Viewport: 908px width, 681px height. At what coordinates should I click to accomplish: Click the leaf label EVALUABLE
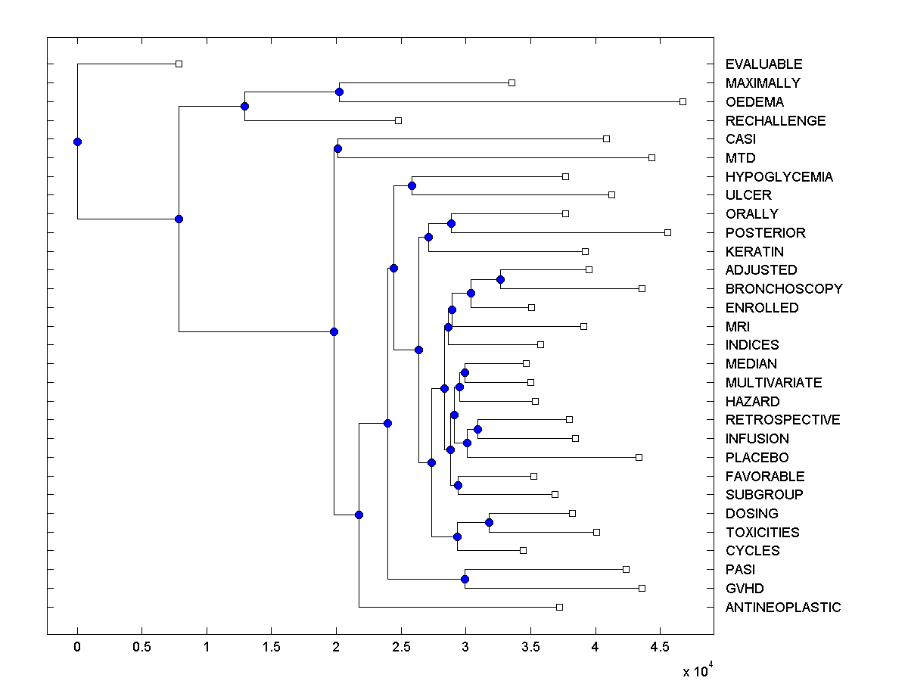[763, 64]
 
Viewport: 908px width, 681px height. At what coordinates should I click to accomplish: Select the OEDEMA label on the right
[754, 102]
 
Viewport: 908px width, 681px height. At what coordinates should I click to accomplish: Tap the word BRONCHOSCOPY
[783, 289]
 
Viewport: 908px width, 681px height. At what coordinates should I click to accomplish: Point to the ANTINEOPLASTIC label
[782, 608]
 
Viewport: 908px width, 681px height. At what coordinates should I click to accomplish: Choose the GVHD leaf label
[745, 589]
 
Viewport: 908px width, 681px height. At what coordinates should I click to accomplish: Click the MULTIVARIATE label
[773, 383]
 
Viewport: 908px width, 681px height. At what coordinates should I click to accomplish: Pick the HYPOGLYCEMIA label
[779, 177]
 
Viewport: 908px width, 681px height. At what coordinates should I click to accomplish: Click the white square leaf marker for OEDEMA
[683, 101]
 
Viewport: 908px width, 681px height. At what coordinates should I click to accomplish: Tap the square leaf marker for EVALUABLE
[179, 64]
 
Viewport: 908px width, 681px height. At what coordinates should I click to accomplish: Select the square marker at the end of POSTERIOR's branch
[667, 232]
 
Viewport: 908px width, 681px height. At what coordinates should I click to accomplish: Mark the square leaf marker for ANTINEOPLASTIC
[559, 607]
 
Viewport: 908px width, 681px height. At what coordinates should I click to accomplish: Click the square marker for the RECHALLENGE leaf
[398, 120]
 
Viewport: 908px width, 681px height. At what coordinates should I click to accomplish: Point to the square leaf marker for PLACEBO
[639, 457]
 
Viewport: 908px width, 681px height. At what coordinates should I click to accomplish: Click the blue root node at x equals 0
[77, 141]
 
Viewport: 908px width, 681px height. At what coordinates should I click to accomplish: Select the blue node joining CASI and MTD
[337, 148]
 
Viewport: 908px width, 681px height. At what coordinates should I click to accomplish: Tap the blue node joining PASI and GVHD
[465, 579]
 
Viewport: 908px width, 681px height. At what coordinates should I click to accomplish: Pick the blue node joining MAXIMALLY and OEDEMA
[339, 92]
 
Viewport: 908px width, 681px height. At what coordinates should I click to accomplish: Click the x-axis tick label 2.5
[400, 648]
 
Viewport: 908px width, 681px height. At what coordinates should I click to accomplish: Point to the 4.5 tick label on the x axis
[659, 648]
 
